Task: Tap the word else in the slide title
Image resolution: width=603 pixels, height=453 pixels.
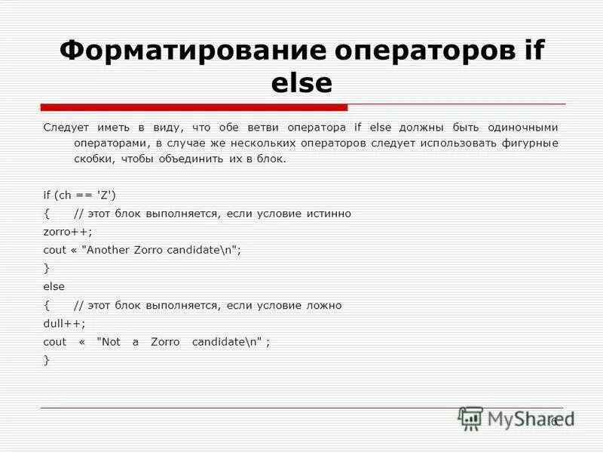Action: click(301, 83)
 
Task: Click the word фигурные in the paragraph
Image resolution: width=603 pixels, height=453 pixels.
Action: click(532, 143)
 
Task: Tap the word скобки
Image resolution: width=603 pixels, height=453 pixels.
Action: click(91, 159)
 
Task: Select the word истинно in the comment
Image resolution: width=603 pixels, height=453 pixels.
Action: click(328, 214)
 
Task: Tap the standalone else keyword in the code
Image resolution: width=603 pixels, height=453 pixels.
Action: click(54, 287)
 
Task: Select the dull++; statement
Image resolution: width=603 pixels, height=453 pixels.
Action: click(65, 323)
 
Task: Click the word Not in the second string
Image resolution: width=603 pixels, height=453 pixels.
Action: click(110, 341)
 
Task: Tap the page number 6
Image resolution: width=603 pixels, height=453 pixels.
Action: click(553, 421)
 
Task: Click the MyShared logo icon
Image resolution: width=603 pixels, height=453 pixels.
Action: click(471, 419)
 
